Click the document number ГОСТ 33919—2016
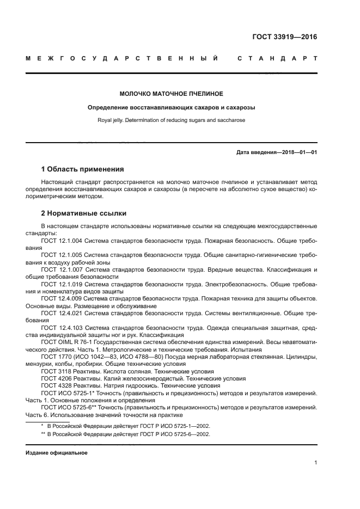point(285,38)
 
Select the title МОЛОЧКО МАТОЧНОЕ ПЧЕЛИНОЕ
point(172,94)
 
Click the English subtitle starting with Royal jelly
point(172,120)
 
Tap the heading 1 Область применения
point(82,169)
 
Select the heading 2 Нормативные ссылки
point(84,213)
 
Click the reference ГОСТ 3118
point(55,371)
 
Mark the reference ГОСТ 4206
point(55,378)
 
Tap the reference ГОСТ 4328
point(55,385)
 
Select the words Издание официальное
point(56,452)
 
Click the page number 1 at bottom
point(315,463)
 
